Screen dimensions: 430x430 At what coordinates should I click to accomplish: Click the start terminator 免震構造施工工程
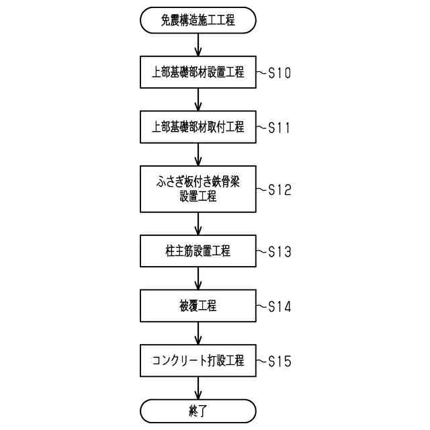click(198, 20)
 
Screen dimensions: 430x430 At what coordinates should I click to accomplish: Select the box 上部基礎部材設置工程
click(198, 72)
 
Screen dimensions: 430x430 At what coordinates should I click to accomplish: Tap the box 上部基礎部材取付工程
click(198, 126)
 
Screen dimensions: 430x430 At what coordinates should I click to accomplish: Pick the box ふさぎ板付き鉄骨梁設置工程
click(198, 189)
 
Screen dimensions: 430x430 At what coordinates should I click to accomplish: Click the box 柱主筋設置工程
click(198, 251)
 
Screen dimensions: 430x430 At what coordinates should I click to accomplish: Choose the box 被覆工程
click(198, 306)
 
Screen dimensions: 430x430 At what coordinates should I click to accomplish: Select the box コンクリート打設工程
click(198, 361)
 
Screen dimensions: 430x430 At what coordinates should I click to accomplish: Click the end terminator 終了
click(198, 411)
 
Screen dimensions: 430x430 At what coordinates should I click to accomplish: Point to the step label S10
click(279, 73)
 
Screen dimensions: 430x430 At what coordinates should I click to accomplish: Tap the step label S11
click(279, 127)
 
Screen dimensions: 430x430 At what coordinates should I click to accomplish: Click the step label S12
click(279, 189)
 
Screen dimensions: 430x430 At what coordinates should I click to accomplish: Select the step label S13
click(279, 252)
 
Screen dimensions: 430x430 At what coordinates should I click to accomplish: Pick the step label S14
click(279, 306)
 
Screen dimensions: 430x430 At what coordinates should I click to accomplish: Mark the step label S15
click(279, 361)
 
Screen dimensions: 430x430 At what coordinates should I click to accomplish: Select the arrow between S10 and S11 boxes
click(198, 99)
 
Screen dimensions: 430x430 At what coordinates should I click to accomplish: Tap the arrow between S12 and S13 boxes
click(198, 224)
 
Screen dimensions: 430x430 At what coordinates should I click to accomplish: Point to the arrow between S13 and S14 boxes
click(198, 279)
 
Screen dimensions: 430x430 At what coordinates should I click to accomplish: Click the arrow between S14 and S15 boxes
click(198, 333)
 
